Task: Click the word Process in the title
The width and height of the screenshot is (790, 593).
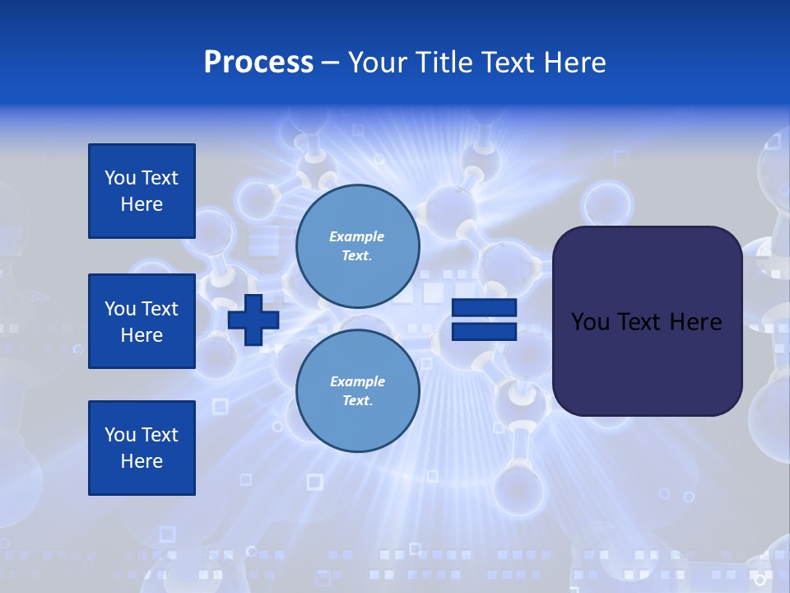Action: (x=258, y=63)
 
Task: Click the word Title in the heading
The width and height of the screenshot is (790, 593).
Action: (x=443, y=63)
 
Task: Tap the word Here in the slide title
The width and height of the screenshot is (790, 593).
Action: (x=575, y=63)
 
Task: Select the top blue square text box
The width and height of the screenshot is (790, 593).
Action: (x=142, y=191)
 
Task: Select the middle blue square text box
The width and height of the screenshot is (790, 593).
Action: (x=142, y=321)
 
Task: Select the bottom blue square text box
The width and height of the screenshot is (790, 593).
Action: (x=142, y=447)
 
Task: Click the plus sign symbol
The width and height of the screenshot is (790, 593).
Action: (x=253, y=320)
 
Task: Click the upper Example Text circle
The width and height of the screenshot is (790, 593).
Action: (x=357, y=246)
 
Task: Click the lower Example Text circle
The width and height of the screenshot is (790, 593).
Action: (x=357, y=391)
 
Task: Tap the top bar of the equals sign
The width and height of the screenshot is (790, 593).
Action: (x=484, y=308)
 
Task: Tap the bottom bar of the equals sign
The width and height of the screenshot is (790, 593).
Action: (x=484, y=332)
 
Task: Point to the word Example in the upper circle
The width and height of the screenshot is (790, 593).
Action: (x=357, y=236)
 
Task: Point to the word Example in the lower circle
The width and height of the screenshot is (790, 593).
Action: (x=357, y=381)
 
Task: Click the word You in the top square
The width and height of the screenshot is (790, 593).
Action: (x=120, y=178)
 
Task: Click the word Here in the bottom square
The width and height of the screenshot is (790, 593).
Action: (x=142, y=461)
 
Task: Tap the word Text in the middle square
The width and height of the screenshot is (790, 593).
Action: (x=160, y=309)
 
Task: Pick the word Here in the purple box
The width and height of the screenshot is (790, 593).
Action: (x=695, y=321)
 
